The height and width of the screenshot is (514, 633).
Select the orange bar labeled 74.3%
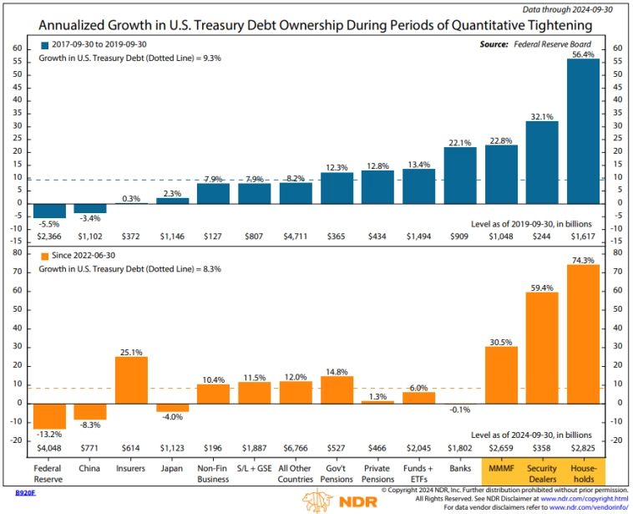pos(582,333)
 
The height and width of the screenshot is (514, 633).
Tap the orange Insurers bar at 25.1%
pos(132,379)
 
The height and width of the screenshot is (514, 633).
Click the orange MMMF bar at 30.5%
pos(500,374)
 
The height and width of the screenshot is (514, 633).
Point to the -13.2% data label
pos(49,435)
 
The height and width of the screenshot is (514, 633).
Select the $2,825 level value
pos(582,448)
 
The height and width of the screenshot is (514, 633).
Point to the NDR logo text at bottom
pos(351,503)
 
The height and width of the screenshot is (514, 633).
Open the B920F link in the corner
pos(26,493)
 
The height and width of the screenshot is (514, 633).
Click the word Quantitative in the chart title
pos(468,25)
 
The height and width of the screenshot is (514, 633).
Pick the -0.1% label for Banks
pos(459,410)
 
